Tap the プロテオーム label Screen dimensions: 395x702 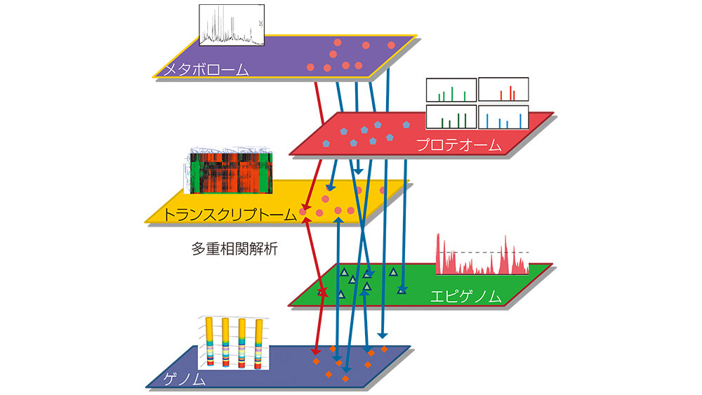tap(458, 145)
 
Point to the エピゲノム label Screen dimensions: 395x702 tap(466, 296)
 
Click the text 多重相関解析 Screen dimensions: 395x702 tap(234, 248)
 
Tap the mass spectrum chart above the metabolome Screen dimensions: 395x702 tap(232, 25)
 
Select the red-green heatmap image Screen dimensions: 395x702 tap(229, 173)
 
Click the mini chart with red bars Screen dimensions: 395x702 tap(503, 90)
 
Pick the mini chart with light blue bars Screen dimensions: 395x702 tap(503, 116)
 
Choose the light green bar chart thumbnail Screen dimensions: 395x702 tap(451, 90)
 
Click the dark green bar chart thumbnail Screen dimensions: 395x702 tap(451, 116)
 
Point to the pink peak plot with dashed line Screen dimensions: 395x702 tap(482, 255)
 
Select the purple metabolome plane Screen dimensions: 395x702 tap(267, 56)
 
